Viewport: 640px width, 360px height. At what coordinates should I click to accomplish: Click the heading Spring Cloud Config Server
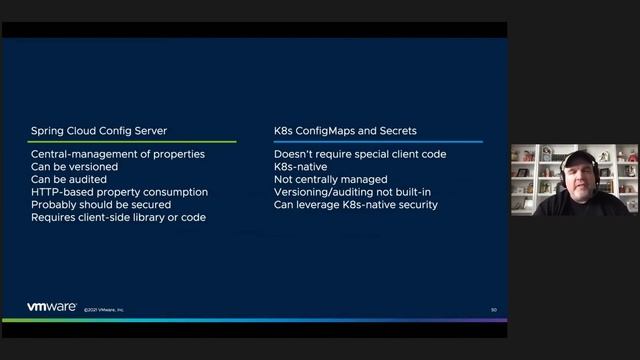tap(99, 131)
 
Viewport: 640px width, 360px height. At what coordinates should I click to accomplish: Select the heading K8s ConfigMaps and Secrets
tap(345, 131)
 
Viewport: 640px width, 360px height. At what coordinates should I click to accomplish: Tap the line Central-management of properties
tap(118, 154)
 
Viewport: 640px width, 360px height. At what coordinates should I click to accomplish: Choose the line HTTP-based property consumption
tap(119, 192)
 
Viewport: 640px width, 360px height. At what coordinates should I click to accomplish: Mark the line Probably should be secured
tap(101, 205)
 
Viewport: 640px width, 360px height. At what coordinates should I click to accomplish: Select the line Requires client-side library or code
tap(118, 217)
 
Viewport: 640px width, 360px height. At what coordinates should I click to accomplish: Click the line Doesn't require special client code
tap(360, 154)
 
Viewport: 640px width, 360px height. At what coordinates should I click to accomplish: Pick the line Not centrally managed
tap(331, 179)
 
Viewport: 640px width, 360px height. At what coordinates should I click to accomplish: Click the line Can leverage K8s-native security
tap(355, 205)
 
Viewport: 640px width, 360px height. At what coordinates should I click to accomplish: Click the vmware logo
tap(52, 307)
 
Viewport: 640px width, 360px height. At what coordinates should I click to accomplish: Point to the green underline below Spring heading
tap(132, 142)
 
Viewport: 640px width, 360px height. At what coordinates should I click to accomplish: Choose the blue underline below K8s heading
tap(378, 142)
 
